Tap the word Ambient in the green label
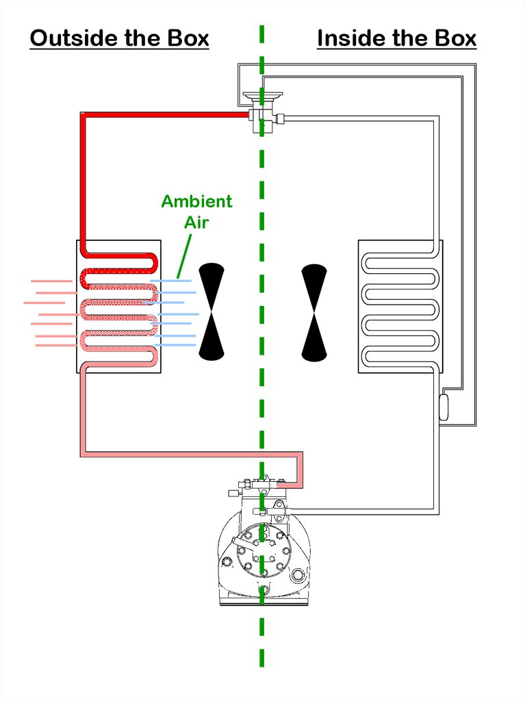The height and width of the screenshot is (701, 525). (196, 201)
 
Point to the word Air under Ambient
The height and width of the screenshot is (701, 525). (196, 221)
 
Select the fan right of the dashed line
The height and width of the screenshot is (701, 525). (313, 312)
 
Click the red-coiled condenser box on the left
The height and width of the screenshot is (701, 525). (118, 306)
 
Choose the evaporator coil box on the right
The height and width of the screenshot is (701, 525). (400, 306)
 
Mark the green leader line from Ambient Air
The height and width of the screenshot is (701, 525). (183, 253)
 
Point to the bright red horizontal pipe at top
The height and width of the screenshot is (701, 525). (164, 114)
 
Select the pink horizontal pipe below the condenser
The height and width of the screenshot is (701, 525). (192, 454)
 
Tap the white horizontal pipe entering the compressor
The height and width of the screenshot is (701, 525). (363, 511)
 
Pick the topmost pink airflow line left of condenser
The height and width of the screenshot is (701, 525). (51, 281)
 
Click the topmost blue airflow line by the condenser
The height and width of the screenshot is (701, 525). (171, 281)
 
